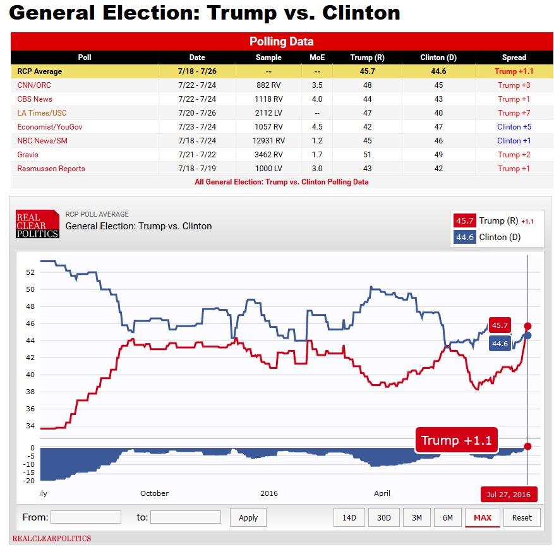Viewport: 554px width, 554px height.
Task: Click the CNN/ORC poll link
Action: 34,85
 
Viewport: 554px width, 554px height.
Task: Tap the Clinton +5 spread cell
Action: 514,127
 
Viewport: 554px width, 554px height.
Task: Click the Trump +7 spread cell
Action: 514,113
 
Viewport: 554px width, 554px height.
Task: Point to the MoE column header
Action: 316,57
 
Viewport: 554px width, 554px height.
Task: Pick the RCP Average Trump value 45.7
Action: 367,71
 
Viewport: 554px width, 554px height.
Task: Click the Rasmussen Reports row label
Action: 51,169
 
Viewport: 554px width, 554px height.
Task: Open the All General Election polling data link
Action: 281,182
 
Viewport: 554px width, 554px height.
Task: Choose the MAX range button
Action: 482,517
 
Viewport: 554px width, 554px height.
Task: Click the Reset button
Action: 522,517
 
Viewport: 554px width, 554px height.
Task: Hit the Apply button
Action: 248,517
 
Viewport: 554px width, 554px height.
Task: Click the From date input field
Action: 85,517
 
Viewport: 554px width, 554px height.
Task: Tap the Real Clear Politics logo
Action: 37,224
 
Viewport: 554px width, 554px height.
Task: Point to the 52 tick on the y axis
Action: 30,272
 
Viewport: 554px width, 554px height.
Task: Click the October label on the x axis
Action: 154,493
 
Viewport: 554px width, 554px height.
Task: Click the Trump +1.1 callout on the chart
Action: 456,440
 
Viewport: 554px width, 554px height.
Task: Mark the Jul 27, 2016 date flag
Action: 509,494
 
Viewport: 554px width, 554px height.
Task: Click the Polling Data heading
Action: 281,42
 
